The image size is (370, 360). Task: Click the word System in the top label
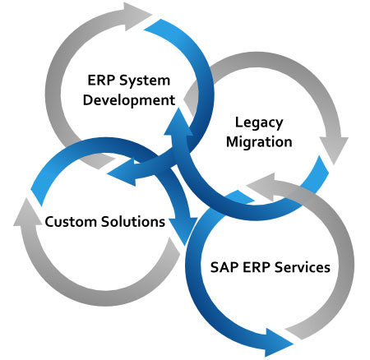(x=145, y=81)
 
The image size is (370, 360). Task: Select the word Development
(x=129, y=100)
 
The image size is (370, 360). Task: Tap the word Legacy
(x=259, y=123)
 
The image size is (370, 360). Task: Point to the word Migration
(x=259, y=142)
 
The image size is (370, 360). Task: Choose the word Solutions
(x=133, y=221)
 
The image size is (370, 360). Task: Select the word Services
(x=303, y=267)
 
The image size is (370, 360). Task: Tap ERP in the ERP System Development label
(x=101, y=81)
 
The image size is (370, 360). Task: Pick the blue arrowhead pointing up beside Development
(x=178, y=122)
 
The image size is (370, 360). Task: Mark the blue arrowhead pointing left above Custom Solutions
(x=122, y=173)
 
